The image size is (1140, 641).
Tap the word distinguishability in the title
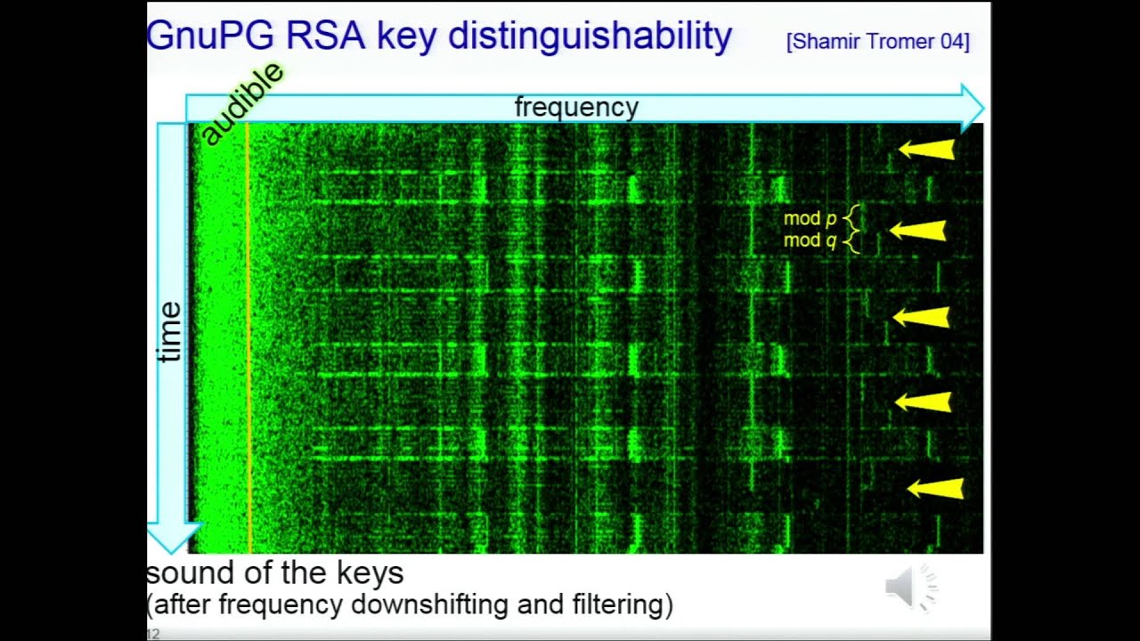click(x=590, y=37)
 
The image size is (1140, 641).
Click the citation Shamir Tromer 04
click(x=877, y=41)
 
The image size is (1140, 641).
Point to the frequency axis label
click(x=576, y=108)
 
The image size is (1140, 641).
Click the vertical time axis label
click(x=169, y=331)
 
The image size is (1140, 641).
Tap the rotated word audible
click(x=241, y=103)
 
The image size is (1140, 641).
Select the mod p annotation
click(x=810, y=218)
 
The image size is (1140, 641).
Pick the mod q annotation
click(x=810, y=240)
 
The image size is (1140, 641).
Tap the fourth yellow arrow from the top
click(x=924, y=402)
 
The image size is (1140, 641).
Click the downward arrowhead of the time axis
click(x=171, y=538)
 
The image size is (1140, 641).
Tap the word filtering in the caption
click(x=618, y=605)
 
